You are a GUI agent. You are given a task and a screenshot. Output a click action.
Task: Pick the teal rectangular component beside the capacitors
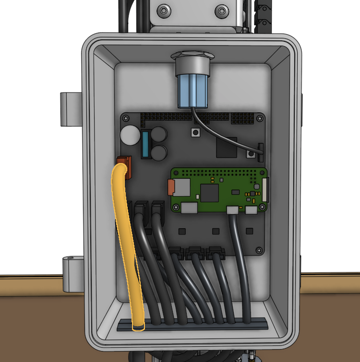pyautogui.click(x=144, y=144)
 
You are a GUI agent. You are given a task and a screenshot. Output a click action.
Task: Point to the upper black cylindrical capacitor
pyautogui.click(x=159, y=135)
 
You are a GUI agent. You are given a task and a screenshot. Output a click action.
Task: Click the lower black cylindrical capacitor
pyautogui.click(x=159, y=153)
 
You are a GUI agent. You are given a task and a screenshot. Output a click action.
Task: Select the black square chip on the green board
pyautogui.click(x=209, y=193)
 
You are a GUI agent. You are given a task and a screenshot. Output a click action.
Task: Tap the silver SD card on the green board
pyautogui.click(x=180, y=187)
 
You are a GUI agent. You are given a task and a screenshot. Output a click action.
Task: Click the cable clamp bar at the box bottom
pyautogui.click(x=192, y=325)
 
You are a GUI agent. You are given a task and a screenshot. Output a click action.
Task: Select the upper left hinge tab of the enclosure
pyautogui.click(x=70, y=109)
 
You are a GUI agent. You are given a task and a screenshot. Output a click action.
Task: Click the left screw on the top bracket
pyautogui.click(x=164, y=10)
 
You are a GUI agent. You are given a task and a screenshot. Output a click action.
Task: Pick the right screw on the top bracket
pyautogui.click(x=221, y=10)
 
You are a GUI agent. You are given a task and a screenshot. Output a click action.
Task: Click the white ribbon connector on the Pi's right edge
pyautogui.click(x=264, y=190)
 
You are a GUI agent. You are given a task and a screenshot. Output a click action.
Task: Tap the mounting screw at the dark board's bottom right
pyautogui.click(x=259, y=250)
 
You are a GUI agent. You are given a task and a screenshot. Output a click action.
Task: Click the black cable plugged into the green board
pyautogui.click(x=238, y=259)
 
